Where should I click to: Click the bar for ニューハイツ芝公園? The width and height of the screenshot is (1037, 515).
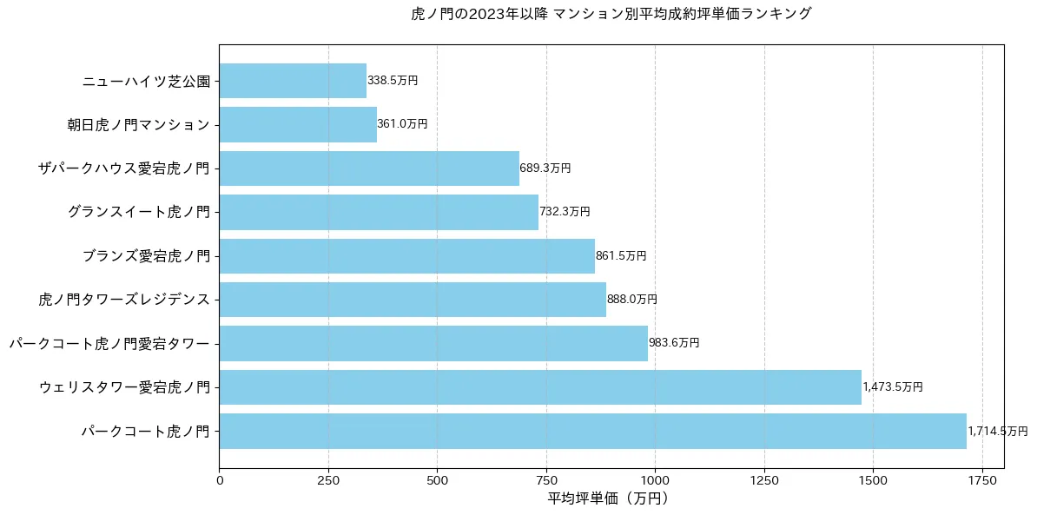coord(293,81)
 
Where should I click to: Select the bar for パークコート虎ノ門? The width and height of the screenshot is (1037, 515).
coord(592,431)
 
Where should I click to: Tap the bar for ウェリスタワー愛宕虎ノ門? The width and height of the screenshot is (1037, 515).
coord(540,387)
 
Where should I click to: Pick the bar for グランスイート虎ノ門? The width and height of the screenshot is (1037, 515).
coord(379,212)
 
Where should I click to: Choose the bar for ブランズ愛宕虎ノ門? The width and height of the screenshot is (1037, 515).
coord(406,256)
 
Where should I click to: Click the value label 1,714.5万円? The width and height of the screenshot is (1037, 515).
coord(997,432)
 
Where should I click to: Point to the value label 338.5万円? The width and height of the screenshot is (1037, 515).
coord(393,81)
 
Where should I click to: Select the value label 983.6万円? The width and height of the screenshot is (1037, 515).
coord(674,343)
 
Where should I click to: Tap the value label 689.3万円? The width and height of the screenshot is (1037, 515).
coord(545,168)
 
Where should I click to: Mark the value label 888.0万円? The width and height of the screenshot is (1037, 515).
coord(632,300)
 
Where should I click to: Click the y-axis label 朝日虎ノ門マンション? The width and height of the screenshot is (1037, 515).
coord(139,125)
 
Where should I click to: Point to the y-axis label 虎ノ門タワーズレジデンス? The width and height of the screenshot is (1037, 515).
coord(124,300)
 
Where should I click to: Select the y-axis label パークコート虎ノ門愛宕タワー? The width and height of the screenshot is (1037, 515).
coord(109,344)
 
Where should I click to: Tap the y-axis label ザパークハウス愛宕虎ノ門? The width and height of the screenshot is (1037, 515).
coord(124,168)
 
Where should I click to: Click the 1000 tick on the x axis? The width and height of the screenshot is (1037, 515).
coord(655,479)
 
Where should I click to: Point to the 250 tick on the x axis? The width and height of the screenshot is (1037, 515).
coord(328,479)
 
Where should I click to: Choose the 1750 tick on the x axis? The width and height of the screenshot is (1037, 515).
coord(982,479)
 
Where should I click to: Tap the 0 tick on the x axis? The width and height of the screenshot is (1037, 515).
coord(220,479)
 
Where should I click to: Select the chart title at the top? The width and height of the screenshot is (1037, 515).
coord(611,14)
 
